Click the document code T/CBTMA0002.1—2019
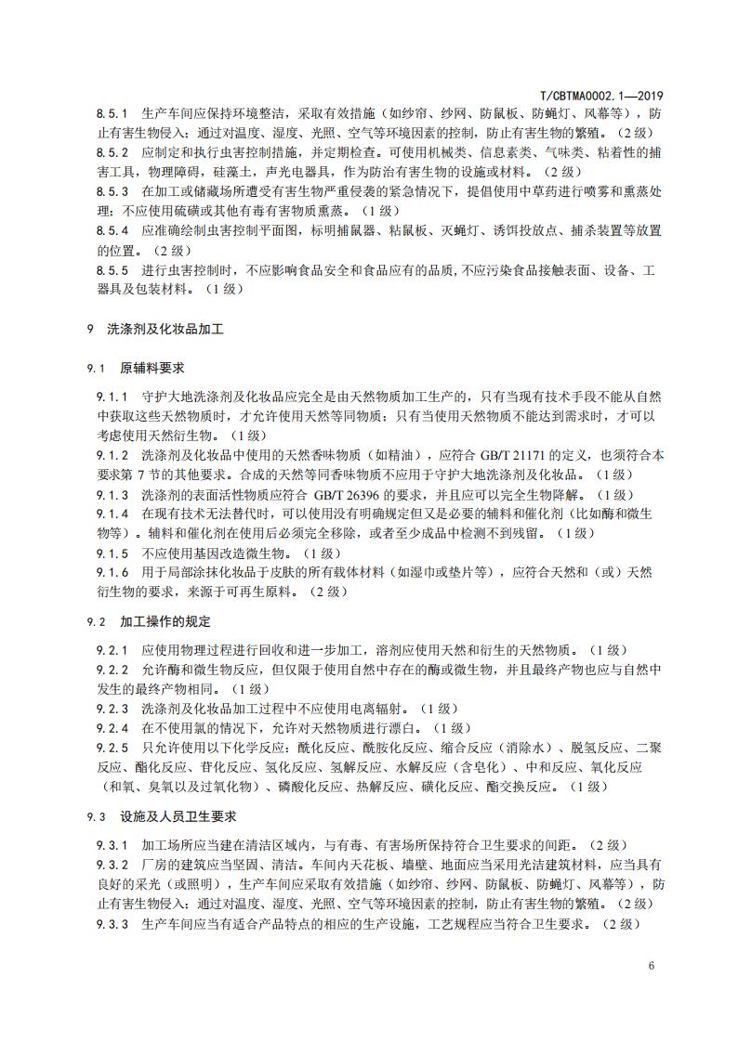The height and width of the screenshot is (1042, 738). [602, 96]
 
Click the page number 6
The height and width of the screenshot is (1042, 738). [652, 965]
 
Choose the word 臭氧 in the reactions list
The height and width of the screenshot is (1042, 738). [165, 787]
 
